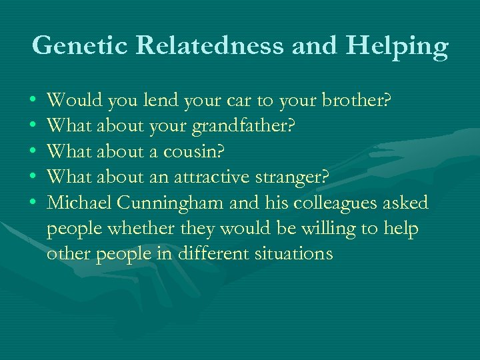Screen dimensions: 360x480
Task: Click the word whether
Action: pyautogui.click(x=159, y=228)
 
